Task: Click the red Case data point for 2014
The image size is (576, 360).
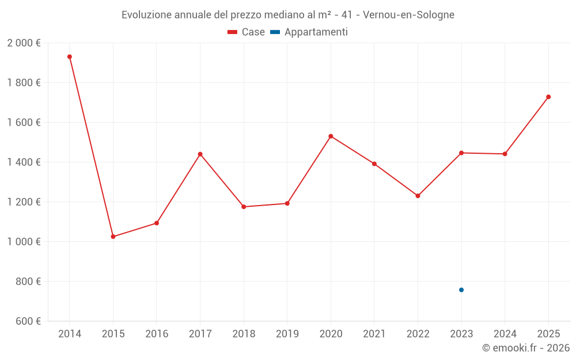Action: click(70, 56)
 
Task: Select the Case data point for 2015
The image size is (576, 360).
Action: click(113, 237)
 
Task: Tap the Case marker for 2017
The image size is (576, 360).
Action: click(200, 154)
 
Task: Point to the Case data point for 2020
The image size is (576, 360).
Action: click(331, 136)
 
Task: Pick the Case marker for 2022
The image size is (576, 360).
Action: click(418, 196)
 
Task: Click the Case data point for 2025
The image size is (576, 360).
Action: click(548, 97)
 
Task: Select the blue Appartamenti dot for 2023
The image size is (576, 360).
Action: click(461, 290)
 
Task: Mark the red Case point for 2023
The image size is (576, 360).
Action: click(461, 153)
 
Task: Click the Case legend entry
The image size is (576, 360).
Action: click(247, 32)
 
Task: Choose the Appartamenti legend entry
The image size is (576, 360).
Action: click(309, 32)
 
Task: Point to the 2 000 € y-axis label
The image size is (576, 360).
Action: click(24, 43)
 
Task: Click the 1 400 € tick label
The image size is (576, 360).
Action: click(24, 162)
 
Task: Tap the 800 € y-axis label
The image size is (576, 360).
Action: click(29, 282)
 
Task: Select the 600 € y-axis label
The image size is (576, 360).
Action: click(29, 321)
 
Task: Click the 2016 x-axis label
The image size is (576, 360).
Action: click(157, 334)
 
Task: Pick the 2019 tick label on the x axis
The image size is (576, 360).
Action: click(287, 334)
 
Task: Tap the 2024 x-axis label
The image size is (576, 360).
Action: click(505, 334)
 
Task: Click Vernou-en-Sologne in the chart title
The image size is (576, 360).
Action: click(408, 15)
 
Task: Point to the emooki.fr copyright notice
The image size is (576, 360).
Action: click(526, 348)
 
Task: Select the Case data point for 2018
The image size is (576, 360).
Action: click(244, 207)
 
